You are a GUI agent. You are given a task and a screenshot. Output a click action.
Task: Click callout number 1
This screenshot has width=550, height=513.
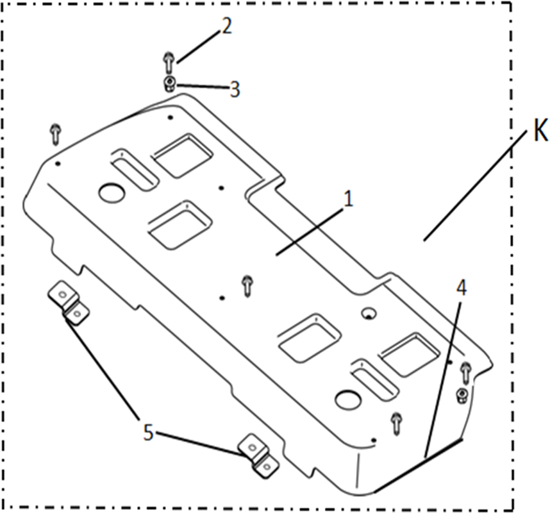tap(347, 199)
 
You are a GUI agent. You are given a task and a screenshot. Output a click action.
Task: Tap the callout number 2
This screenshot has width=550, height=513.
tap(226, 26)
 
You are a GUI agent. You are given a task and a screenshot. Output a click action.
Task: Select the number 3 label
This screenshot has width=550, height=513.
tap(235, 89)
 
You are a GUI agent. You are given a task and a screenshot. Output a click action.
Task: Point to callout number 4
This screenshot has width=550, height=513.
tap(462, 289)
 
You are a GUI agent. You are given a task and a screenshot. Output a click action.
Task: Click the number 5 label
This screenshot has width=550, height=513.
tap(148, 432)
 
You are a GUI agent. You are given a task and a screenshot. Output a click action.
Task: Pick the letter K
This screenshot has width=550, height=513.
tap(540, 131)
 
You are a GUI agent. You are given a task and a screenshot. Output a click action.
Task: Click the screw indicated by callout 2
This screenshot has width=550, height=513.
tap(169, 62)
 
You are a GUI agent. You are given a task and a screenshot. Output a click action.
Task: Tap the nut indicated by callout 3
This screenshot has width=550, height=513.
tap(169, 83)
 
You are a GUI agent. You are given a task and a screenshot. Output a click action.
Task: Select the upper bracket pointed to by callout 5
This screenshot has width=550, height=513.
tap(69, 303)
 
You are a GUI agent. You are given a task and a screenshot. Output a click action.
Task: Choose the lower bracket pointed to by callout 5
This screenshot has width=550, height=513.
tap(258, 455)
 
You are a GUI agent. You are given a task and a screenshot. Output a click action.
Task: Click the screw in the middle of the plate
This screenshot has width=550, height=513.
tap(248, 286)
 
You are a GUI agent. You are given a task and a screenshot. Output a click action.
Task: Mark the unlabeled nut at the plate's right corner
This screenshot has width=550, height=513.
tap(462, 396)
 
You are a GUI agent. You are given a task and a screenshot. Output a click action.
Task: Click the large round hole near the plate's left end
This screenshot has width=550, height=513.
tap(112, 193)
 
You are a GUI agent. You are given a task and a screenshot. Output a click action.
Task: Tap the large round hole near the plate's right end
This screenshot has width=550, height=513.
tap(348, 400)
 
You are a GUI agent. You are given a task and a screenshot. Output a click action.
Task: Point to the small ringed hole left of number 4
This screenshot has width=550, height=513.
tap(369, 313)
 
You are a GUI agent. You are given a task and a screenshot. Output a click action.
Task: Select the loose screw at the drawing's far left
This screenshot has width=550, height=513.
tap(56, 134)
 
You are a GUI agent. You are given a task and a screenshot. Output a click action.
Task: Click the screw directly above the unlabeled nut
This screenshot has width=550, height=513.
tap(465, 373)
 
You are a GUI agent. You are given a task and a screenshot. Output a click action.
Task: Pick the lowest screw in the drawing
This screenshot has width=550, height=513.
tap(397, 424)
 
